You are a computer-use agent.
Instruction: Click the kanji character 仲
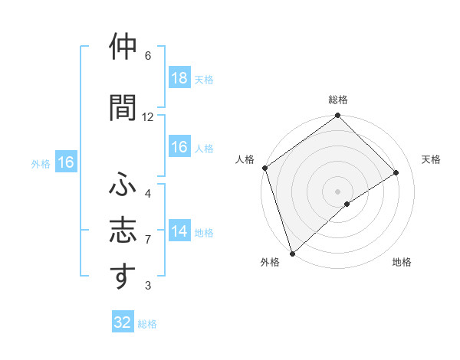123,47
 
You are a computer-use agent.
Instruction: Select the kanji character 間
123,107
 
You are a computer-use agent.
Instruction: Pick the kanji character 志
123,231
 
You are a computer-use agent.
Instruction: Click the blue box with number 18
179,78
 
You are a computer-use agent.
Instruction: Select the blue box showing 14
179,232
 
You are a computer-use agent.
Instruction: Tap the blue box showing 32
123,322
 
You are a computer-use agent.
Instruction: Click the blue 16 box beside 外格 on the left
66,162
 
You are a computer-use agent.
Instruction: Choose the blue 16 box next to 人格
179,147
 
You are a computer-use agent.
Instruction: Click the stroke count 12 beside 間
148,117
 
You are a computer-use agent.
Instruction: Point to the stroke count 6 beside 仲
148,56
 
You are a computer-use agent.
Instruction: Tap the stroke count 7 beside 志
148,240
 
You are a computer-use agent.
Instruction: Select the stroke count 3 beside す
148,286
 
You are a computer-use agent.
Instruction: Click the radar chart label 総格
338,100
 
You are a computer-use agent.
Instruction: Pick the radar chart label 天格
432,159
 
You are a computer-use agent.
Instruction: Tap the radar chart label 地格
402,262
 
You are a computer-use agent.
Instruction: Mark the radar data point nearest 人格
264,168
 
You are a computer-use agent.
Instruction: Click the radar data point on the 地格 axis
347,204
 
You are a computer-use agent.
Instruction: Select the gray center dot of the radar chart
337,191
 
